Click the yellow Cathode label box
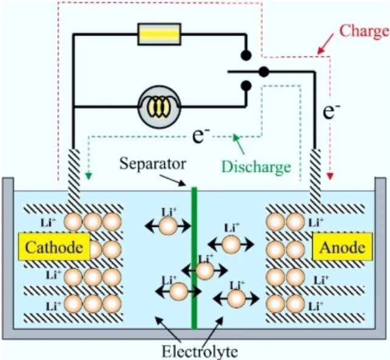pyautogui.click(x=54, y=246)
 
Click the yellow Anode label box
pyautogui.click(x=343, y=246)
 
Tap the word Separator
pyautogui.click(x=153, y=164)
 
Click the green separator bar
pyautogui.click(x=194, y=258)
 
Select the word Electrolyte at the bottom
pyautogui.click(x=200, y=351)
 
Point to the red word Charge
pyautogui.click(x=364, y=32)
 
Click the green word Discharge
pyautogui.click(x=256, y=167)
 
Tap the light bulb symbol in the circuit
pyautogui.click(x=159, y=107)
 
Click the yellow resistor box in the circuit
pyautogui.click(x=159, y=34)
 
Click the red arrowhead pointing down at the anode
pyautogui.click(x=330, y=176)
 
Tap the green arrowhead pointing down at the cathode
pyautogui.click(x=89, y=176)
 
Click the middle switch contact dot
pyautogui.click(x=264, y=72)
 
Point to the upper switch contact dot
pyautogui.click(x=246, y=55)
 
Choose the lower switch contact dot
pyautogui.click(x=246, y=86)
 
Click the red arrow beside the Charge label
pyautogui.click(x=326, y=44)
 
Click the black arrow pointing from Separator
pyautogui.click(x=173, y=180)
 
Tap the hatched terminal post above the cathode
pyautogui.click(x=74, y=178)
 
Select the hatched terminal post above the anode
pyautogui.click(x=315, y=178)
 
